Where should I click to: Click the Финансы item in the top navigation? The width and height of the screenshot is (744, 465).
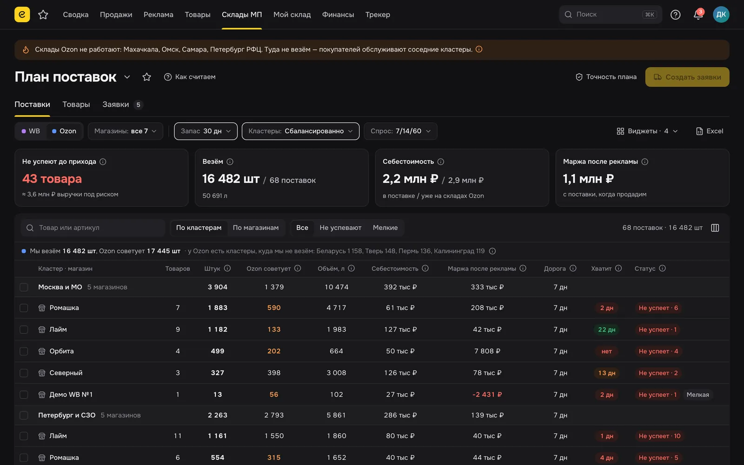pos(338,14)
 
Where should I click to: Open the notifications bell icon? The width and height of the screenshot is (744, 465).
pos(698,14)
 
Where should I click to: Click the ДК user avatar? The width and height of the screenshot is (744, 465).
pos(721,14)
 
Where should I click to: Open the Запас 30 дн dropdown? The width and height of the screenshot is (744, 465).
pos(206,131)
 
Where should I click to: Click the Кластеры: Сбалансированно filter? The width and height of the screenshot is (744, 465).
pos(300,131)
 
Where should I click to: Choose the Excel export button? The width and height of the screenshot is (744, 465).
pos(710,131)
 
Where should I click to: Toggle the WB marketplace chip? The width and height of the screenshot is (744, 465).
pos(31,131)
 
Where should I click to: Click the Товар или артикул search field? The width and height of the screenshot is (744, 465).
pos(93,228)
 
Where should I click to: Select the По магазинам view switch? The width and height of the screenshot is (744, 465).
pos(255,228)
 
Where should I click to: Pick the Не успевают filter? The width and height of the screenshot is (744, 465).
pos(340,228)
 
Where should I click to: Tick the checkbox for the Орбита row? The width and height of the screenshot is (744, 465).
pos(24,352)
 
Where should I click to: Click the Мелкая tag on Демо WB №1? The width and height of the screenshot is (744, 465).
pos(697,395)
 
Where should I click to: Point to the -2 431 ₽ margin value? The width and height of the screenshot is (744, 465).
pos(487,395)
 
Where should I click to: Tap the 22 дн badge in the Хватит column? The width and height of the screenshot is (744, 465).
pos(606,330)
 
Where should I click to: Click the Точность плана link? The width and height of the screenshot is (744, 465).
pos(606,77)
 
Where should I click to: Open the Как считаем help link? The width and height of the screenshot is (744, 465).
pos(190,77)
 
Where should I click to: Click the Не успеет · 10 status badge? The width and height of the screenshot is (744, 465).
pos(659,436)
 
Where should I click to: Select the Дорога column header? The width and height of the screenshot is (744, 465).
pos(555,269)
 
